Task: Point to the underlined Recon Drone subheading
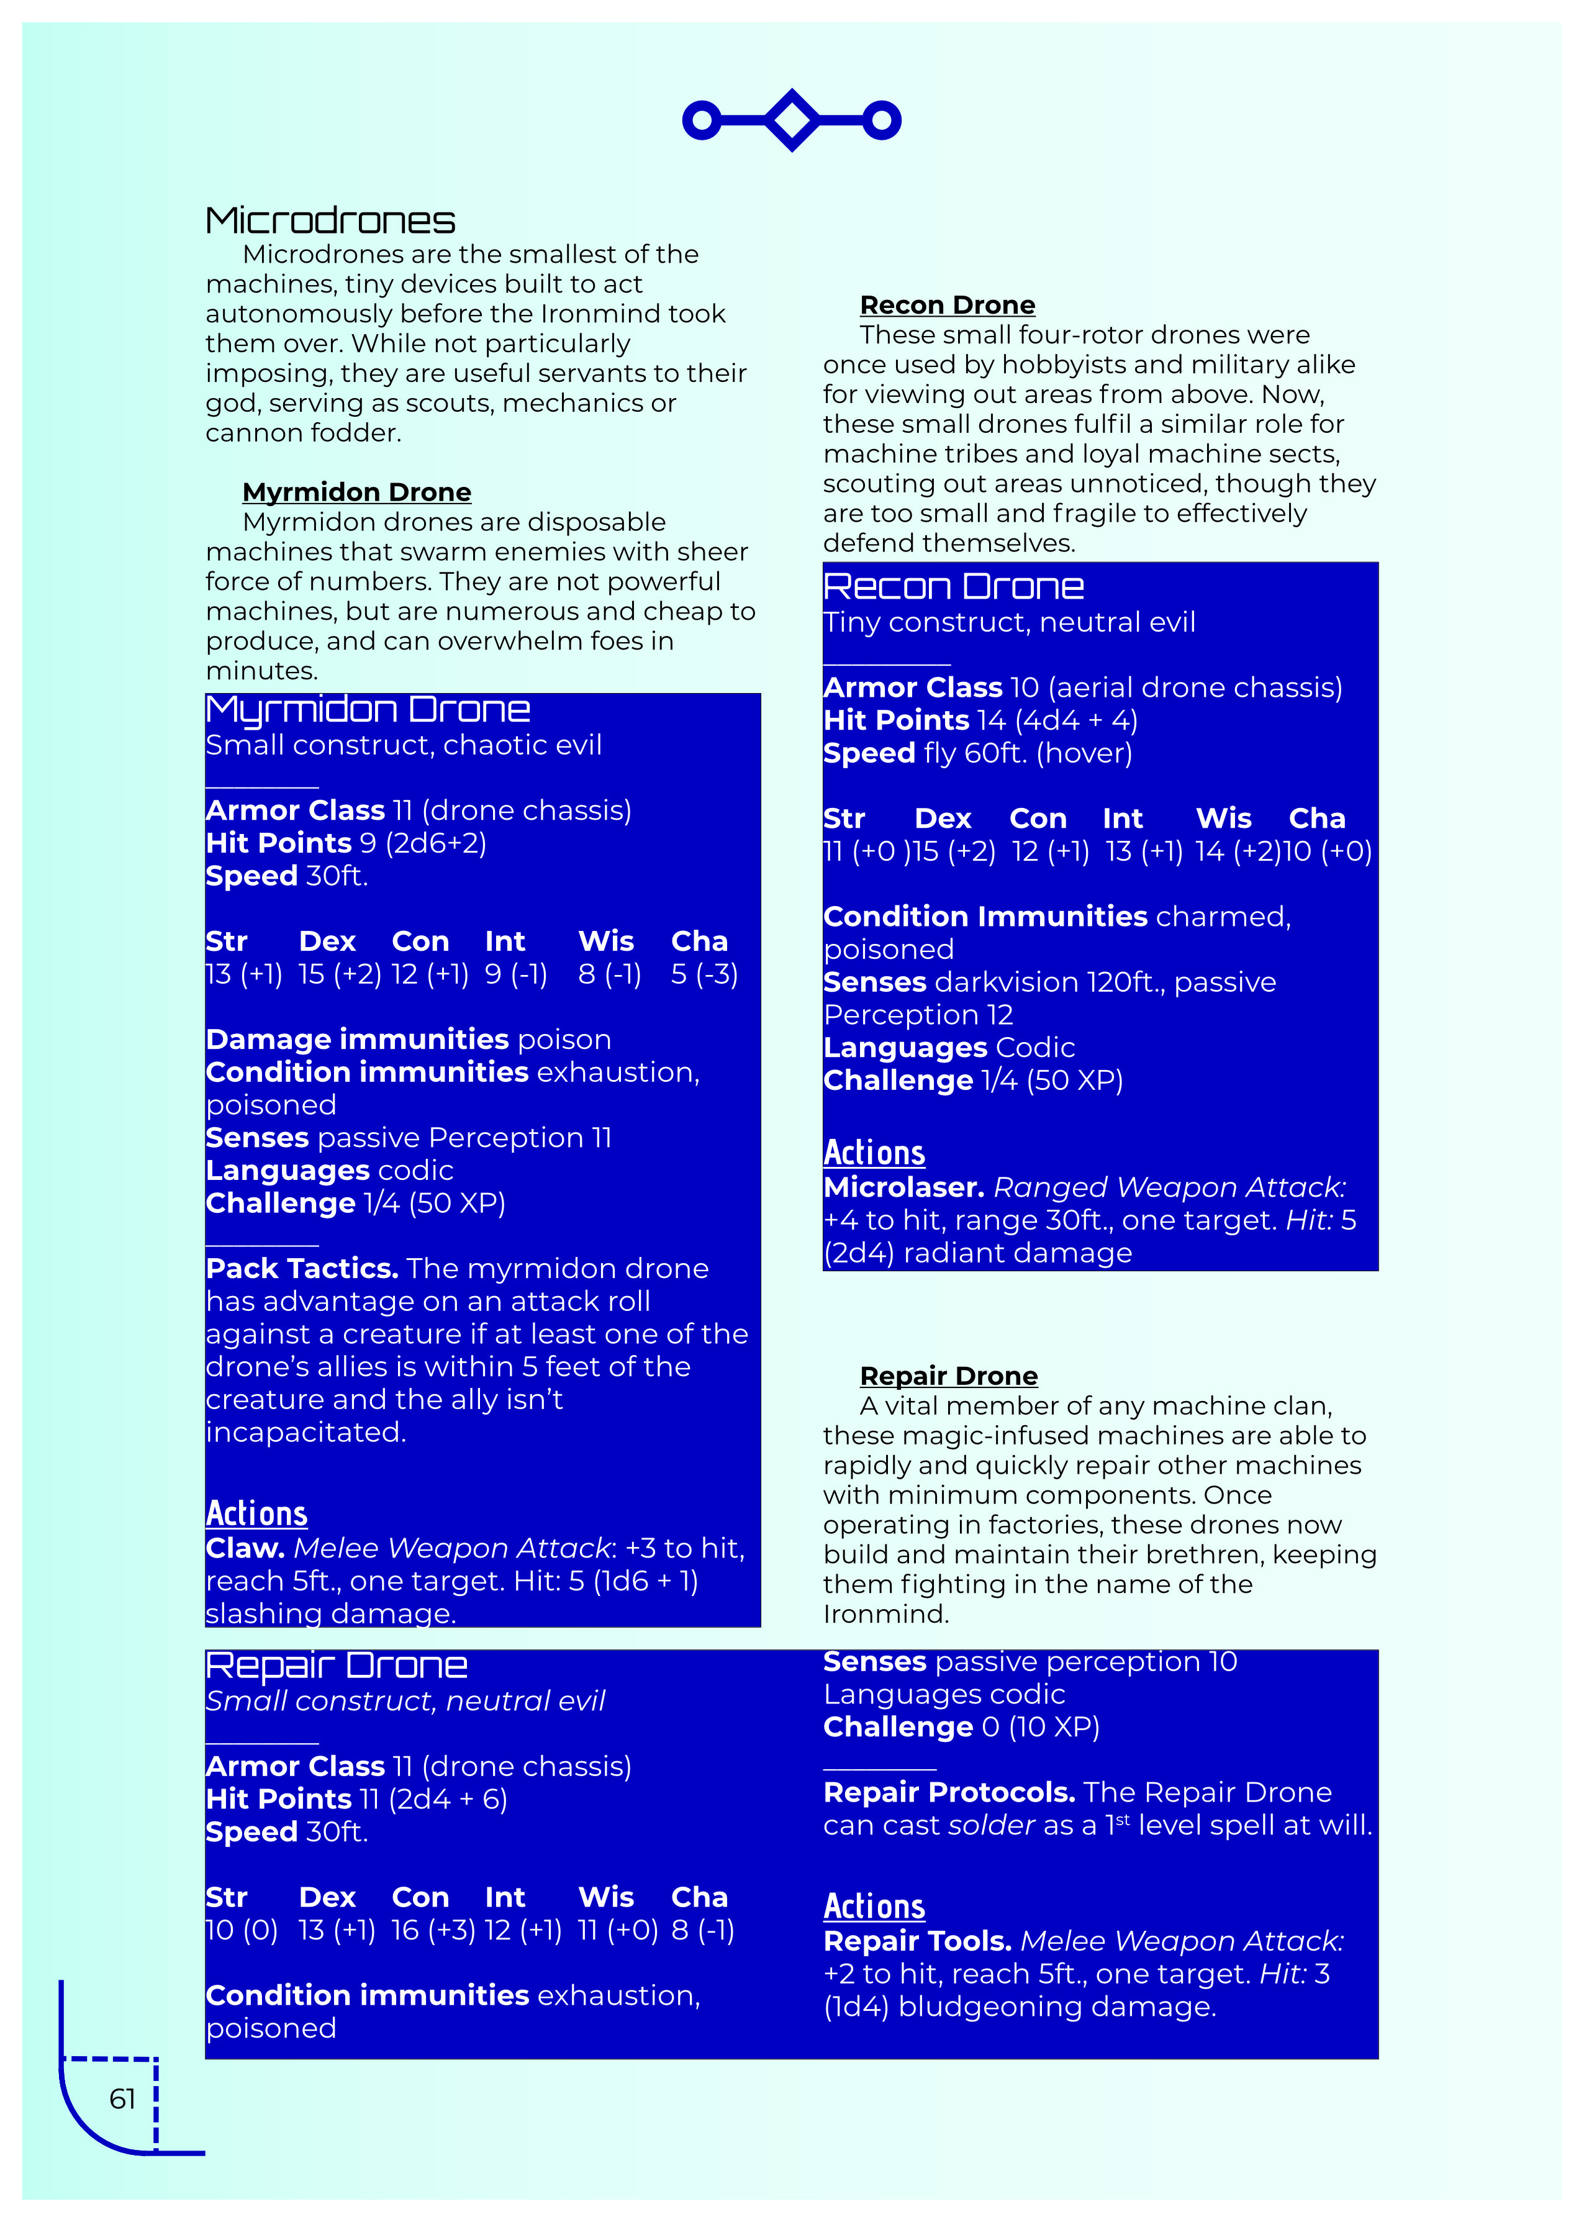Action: click(x=946, y=306)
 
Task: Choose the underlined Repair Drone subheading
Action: click(x=948, y=1376)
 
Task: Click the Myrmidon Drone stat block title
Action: click(x=368, y=709)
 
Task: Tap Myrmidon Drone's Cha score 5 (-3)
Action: click(x=704, y=974)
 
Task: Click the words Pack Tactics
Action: click(x=301, y=1268)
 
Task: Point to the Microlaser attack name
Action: click(x=902, y=1187)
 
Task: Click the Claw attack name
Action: click(x=245, y=1548)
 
